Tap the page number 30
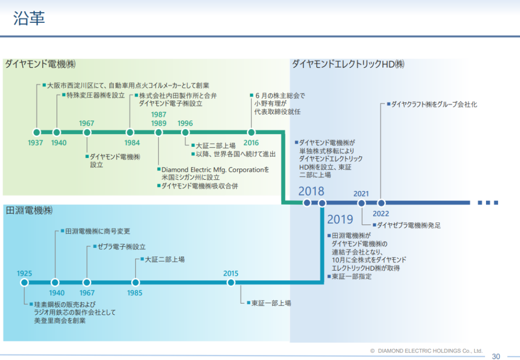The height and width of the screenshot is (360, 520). (496, 355)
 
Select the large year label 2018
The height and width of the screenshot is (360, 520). (311, 191)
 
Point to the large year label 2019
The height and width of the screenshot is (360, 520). (340, 219)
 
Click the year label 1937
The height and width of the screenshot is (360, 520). (36, 143)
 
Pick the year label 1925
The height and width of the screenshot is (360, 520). (24, 273)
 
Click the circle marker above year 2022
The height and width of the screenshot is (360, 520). (381, 203)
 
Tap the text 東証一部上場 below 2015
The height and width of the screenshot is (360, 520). (271, 303)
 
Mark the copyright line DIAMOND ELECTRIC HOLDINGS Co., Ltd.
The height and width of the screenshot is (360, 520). (430, 351)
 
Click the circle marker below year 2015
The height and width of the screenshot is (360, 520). (231, 282)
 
